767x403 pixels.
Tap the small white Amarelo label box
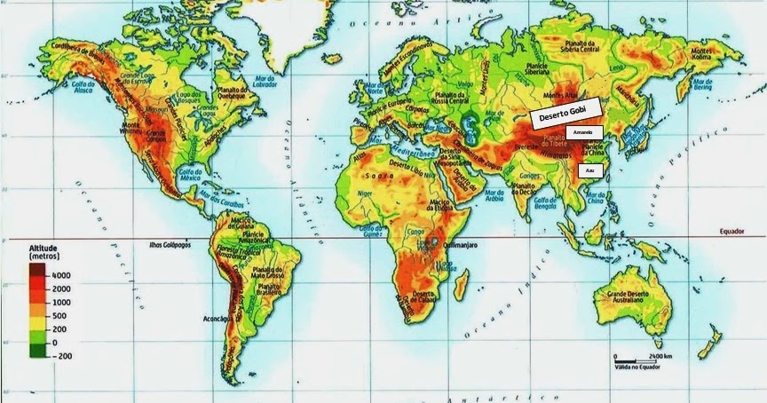[583, 132]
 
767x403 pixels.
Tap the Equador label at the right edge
[731, 232]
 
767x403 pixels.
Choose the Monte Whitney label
[130, 128]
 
